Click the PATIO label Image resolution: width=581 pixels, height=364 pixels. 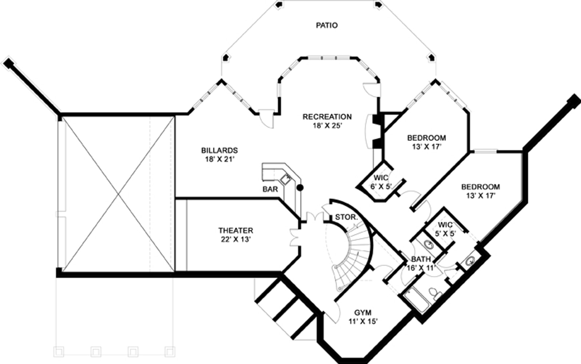click(327, 25)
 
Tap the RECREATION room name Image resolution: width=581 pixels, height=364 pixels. click(327, 117)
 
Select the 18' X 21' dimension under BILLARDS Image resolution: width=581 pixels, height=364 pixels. click(219, 159)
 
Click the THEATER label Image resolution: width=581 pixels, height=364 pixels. click(236, 230)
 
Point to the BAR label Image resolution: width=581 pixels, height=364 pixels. click(270, 189)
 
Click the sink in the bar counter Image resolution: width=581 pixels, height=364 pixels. click(285, 179)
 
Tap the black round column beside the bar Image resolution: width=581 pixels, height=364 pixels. click(300, 188)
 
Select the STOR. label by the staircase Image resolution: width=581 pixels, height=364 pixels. click(346, 217)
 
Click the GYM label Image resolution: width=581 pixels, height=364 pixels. click(363, 313)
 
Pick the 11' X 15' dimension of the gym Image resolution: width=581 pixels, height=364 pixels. click(363, 321)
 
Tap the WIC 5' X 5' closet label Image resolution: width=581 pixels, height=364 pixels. click(445, 229)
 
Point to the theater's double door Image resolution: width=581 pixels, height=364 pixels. click(295, 238)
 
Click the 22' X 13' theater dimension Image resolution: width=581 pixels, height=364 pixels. click(236, 239)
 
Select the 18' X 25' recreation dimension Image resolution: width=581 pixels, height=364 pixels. click(327, 126)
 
